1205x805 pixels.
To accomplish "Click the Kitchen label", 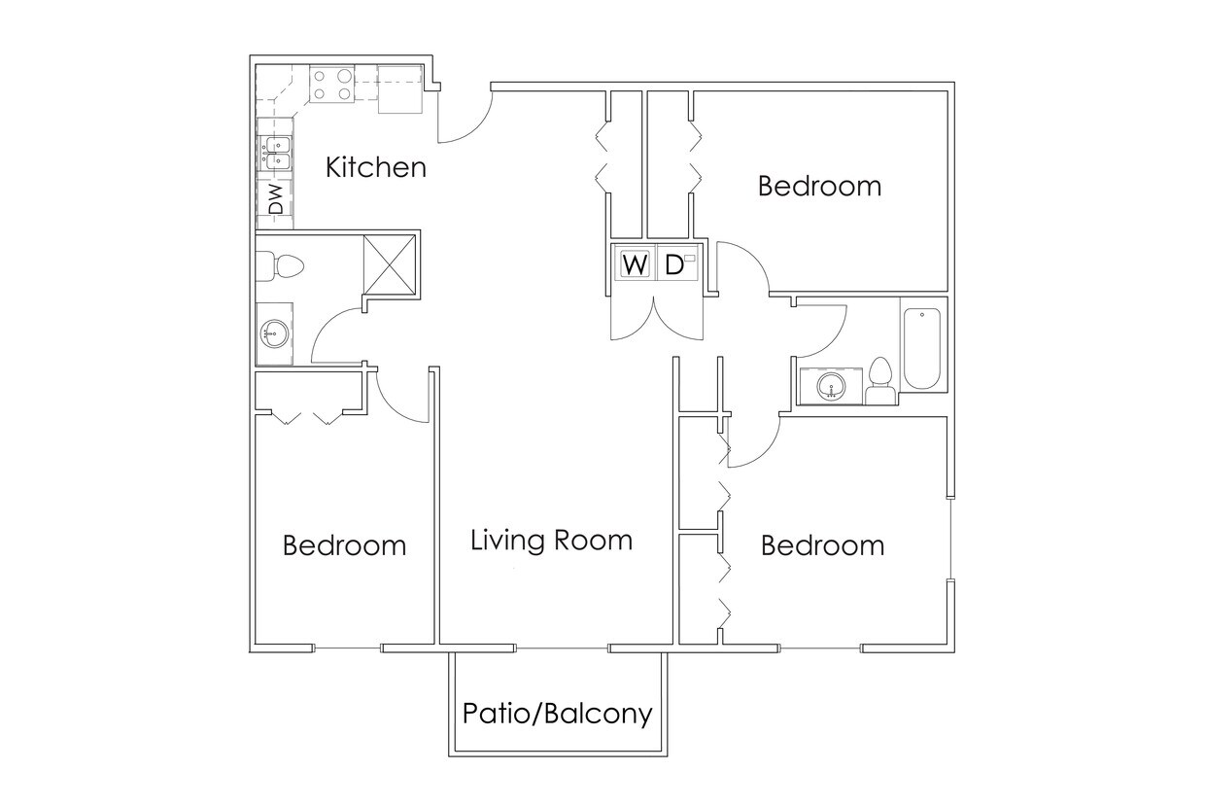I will coord(375,167).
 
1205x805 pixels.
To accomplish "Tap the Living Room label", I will coord(551,541).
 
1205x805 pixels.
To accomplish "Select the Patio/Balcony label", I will coord(557,715).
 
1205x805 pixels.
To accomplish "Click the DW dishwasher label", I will coord(276,200).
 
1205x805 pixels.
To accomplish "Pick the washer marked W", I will coord(634,264).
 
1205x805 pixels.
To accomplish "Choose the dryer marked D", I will coord(676,264).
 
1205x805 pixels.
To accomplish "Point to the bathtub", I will coord(922,348).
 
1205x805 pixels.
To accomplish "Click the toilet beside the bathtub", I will coord(880,381).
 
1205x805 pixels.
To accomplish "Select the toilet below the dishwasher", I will coord(281,264).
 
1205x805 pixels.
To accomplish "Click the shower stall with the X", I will coord(390,262).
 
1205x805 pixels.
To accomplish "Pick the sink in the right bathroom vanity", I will coord(831,386).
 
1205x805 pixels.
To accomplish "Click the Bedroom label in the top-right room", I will coord(819,186).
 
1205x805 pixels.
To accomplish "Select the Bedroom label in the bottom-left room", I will coord(344,545).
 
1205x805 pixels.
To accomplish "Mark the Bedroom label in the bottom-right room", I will coord(822,545).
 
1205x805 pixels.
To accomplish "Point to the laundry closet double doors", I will coord(656,316).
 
